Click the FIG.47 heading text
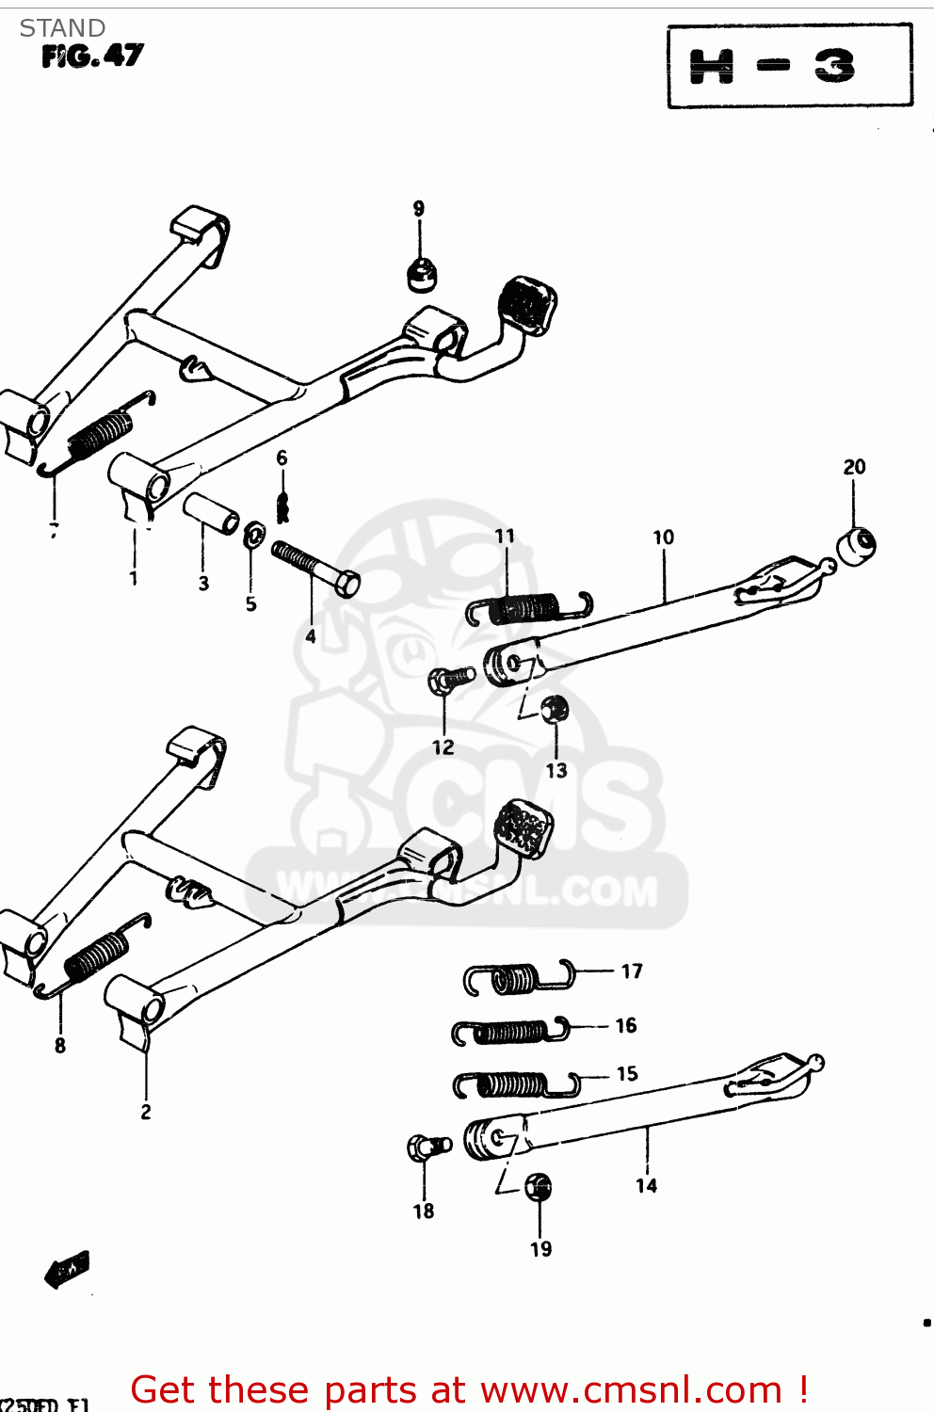pos(92,56)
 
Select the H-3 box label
pos(789,66)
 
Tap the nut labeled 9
pos(421,273)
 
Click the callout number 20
pos(853,467)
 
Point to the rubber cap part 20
pos(856,547)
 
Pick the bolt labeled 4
pos(315,569)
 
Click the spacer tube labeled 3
pos(210,513)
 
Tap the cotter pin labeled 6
pos(282,506)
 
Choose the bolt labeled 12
pos(450,679)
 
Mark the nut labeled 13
pos(555,708)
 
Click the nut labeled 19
pos(538,1186)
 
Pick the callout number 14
pos(646,1186)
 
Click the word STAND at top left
pos(62,28)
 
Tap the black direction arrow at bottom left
pos(68,1270)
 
